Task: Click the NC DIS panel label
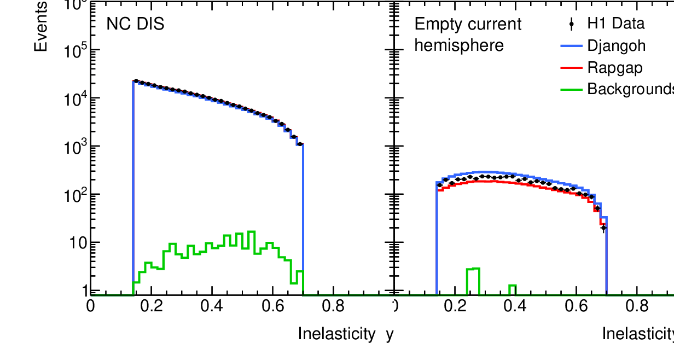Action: click(x=135, y=25)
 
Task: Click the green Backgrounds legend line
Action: click(x=572, y=89)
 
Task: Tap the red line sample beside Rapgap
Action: click(x=572, y=67)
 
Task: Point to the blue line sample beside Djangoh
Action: click(x=572, y=46)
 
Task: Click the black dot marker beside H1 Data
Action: click(x=572, y=24)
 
